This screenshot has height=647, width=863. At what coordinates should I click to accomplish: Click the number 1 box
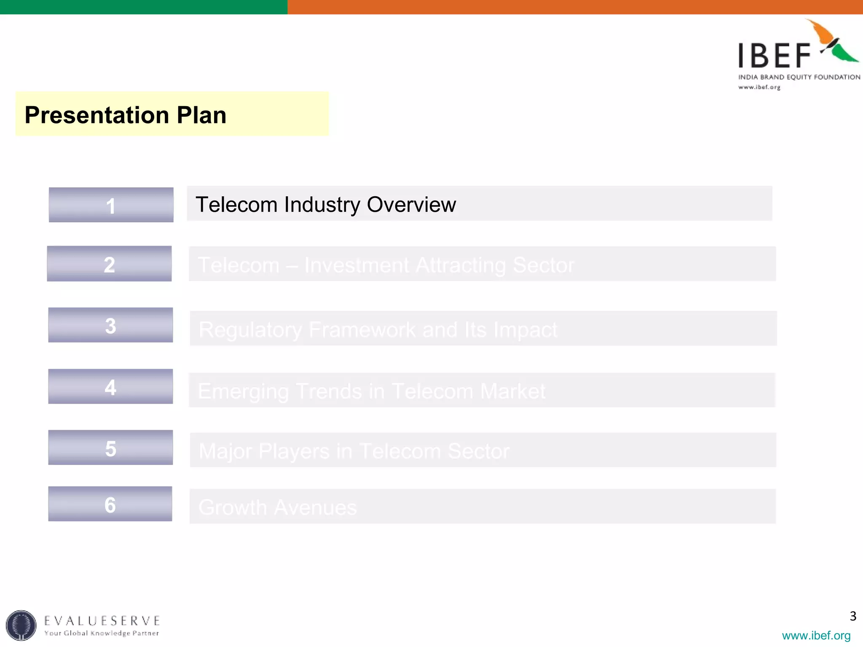(x=111, y=205)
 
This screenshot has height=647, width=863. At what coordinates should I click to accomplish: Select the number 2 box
(x=109, y=264)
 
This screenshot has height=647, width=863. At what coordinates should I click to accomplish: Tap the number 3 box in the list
(x=110, y=325)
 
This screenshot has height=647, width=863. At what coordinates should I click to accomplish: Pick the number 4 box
(x=110, y=387)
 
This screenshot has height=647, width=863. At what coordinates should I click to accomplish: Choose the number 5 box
(x=110, y=448)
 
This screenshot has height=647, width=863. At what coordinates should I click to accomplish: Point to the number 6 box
(x=110, y=504)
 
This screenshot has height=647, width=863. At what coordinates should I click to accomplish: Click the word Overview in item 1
(x=411, y=205)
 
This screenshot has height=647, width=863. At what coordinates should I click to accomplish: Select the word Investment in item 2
(x=356, y=265)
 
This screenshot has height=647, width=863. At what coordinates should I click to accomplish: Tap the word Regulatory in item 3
(x=250, y=330)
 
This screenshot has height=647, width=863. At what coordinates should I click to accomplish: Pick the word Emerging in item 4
(x=243, y=392)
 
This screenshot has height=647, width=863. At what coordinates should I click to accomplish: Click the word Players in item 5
(x=294, y=452)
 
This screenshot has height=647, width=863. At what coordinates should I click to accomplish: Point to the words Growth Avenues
(x=278, y=507)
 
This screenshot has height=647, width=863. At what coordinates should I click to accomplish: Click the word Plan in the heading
(x=201, y=115)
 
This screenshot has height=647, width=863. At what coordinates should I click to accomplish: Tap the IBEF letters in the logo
(x=775, y=56)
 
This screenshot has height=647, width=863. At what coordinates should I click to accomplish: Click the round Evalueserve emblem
(x=21, y=625)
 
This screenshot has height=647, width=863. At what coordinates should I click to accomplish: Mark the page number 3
(x=853, y=616)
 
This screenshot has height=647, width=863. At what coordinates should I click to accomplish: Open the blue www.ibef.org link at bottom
(x=816, y=635)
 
